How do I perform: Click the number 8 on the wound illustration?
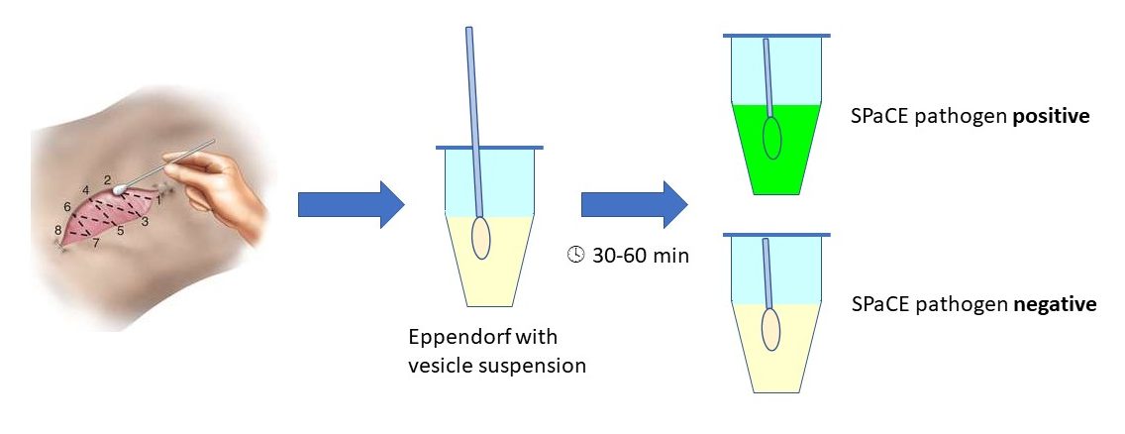click(x=58, y=231)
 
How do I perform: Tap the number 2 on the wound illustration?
click(x=106, y=179)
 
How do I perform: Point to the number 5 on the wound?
click(x=120, y=231)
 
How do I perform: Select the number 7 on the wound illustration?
click(x=96, y=242)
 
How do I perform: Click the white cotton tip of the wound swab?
click(x=120, y=186)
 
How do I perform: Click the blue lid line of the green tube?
click(x=776, y=37)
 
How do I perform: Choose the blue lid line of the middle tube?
click(x=489, y=149)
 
